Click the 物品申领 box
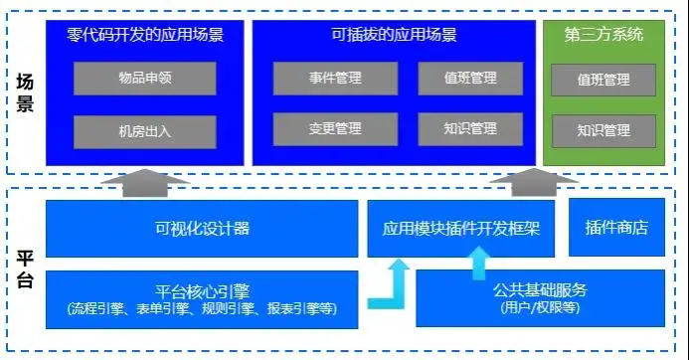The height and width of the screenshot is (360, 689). [x=144, y=79]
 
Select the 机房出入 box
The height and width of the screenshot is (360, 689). [x=144, y=131]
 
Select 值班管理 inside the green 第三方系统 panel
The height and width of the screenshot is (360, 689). [x=603, y=80]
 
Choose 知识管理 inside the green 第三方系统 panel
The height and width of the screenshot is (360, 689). [x=603, y=130]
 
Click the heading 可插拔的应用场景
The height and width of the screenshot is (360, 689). [x=394, y=35]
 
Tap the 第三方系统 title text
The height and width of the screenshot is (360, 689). [x=603, y=35]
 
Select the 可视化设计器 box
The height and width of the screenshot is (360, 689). [x=201, y=228]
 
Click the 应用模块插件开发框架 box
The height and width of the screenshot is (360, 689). [x=461, y=228]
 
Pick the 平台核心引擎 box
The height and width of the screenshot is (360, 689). [x=201, y=299]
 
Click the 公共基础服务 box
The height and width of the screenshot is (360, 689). [x=540, y=298]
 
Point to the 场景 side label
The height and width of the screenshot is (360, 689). [x=26, y=94]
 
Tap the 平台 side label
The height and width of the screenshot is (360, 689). [x=26, y=270]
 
